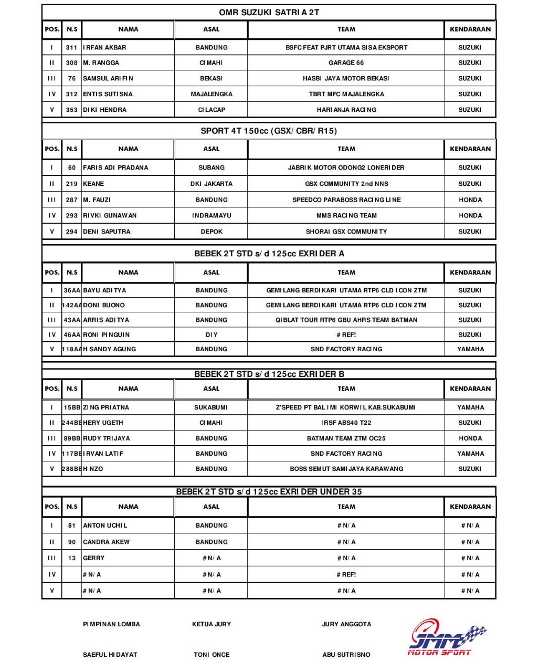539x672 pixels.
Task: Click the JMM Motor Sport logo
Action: pyautogui.click(x=447, y=637)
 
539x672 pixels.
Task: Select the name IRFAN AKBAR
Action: pyautogui.click(x=105, y=47)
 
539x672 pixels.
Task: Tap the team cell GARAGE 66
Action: pyautogui.click(x=346, y=62)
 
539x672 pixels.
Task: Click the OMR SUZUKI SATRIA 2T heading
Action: pyautogui.click(x=269, y=12)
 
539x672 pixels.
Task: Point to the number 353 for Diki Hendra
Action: pyautogui.click(x=72, y=110)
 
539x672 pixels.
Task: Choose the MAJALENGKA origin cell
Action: pyautogui.click(x=212, y=94)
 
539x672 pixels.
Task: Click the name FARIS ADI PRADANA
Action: pyautogui.click(x=115, y=167)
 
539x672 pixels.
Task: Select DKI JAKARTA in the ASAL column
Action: pyautogui.click(x=212, y=184)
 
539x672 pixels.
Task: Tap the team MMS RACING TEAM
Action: pyautogui.click(x=346, y=215)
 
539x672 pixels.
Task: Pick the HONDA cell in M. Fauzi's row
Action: pyautogui.click(x=470, y=199)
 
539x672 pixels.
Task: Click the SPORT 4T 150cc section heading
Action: pyautogui.click(x=269, y=131)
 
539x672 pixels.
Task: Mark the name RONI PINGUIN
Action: pyautogui.click(x=107, y=334)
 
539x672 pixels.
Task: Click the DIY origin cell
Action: pyautogui.click(x=212, y=334)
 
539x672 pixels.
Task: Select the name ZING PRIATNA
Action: pyautogui.click(x=106, y=407)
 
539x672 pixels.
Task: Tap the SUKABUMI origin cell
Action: pyautogui.click(x=211, y=407)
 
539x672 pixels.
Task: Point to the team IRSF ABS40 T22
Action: pyautogui.click(x=346, y=423)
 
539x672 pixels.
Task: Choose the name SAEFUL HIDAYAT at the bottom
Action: pyautogui.click(x=110, y=655)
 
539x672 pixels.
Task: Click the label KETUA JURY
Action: pyautogui.click(x=212, y=624)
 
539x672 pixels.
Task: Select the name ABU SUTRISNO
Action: pyautogui.click(x=346, y=655)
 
